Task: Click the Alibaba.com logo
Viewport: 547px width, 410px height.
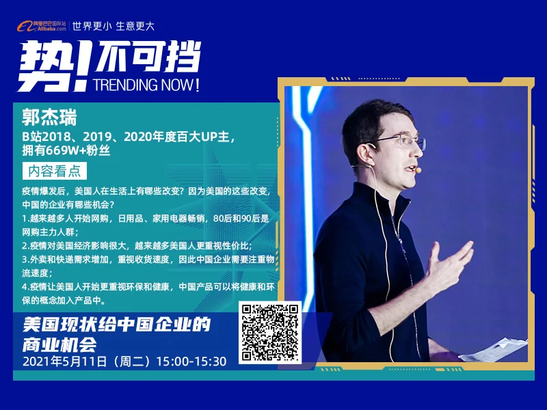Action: coord(41,26)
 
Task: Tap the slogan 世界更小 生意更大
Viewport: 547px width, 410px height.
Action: coord(114,26)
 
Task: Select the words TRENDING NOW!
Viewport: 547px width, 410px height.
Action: coord(146,85)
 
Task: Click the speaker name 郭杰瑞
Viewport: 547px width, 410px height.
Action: coord(49,117)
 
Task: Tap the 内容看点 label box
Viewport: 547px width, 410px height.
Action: coord(55,171)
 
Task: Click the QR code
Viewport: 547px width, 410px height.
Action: coord(270,333)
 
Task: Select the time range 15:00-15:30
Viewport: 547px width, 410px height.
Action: coord(191,361)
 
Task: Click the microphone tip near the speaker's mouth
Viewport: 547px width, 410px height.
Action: coord(418,170)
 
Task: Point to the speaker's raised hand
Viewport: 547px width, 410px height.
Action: coord(449,265)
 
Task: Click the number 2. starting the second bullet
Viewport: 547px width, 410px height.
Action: coord(25,246)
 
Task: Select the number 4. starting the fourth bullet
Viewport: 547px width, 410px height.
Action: coord(25,287)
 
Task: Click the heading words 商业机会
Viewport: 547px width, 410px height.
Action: coord(59,345)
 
